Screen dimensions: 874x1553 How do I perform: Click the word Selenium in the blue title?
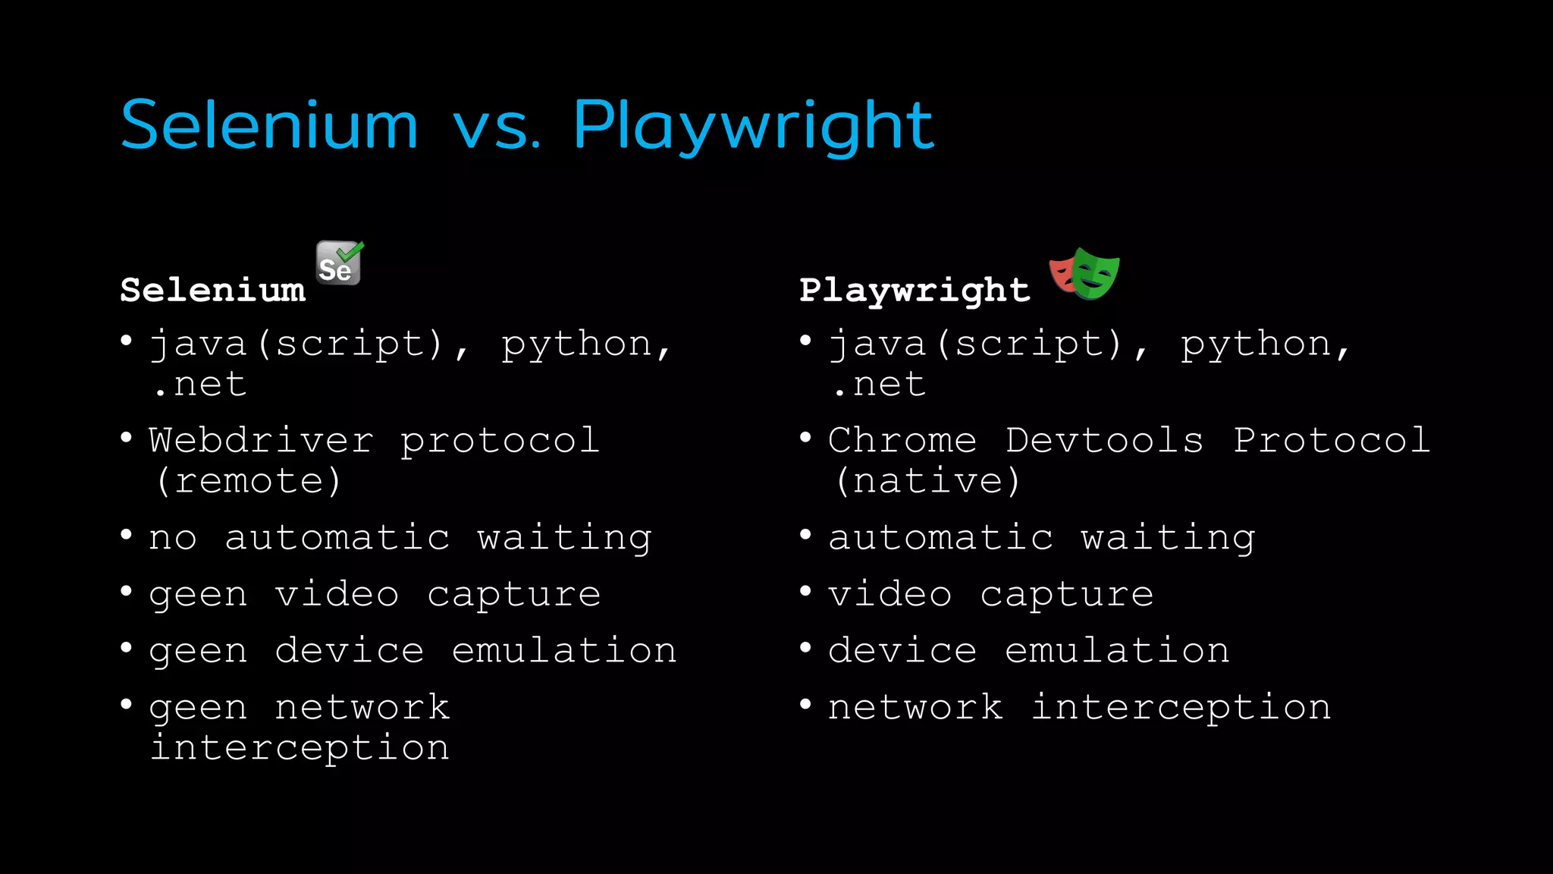tap(269, 125)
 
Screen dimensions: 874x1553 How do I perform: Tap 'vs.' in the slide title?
tap(497, 127)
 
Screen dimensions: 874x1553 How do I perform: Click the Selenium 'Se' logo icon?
tap(338, 263)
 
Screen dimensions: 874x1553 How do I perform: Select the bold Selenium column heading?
tap(213, 291)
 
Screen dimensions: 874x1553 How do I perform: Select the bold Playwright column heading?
tap(915, 291)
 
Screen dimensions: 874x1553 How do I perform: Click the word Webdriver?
tap(262, 441)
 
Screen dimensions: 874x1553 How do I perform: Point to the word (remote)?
tap(248, 481)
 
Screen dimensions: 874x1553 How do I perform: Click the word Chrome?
tap(902, 441)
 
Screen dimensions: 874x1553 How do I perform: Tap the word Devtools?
tap(1104, 441)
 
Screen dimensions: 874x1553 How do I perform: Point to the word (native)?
tap(927, 481)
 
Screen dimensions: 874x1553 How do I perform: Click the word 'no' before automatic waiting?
tap(173, 539)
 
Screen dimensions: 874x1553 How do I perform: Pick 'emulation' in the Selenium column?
tap(564, 652)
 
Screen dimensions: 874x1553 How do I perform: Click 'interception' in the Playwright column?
tap(1181, 708)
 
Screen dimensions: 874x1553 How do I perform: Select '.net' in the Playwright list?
tap(878, 385)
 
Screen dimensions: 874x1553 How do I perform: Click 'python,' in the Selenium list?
tap(586, 345)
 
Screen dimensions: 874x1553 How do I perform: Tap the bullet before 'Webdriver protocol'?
tap(127, 438)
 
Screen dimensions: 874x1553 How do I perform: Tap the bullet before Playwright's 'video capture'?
tap(805, 591)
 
